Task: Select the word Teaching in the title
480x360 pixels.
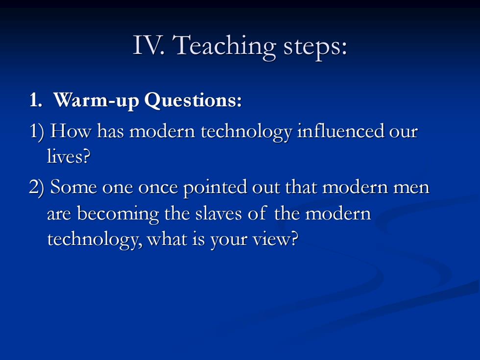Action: point(224,47)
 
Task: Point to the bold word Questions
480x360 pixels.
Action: point(193,100)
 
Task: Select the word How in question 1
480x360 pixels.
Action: point(71,131)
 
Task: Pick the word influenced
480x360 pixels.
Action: point(340,131)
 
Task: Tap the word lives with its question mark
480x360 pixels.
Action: point(69,156)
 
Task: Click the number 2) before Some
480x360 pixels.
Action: point(37,187)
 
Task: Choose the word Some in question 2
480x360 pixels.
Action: point(73,187)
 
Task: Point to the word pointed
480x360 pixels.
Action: point(215,187)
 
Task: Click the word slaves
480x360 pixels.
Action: point(218,214)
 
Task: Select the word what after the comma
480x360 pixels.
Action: point(167,239)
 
